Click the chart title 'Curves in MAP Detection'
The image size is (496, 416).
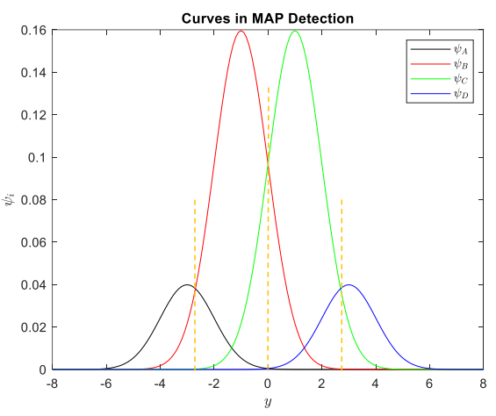(268, 18)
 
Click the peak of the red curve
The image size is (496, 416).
(241, 32)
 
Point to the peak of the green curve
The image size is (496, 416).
(295, 32)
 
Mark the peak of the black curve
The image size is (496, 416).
(187, 285)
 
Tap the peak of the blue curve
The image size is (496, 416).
(349, 285)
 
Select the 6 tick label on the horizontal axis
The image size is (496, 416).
(429, 384)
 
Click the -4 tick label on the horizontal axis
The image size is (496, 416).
(159, 384)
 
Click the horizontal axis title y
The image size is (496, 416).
(268, 402)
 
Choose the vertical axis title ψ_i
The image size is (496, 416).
(11, 200)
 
